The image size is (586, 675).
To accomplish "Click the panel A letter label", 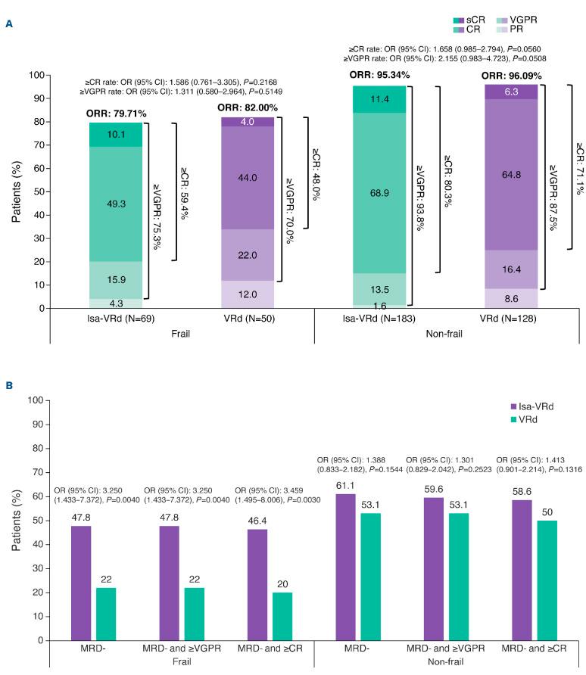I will (9, 24).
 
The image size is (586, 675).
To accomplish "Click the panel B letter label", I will (9, 385).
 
